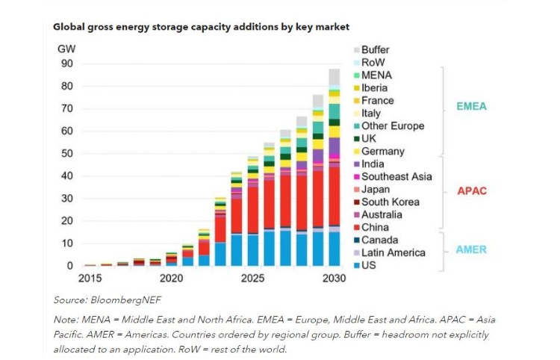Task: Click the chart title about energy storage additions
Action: pyautogui.click(x=201, y=26)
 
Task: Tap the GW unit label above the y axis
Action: pyautogui.click(x=66, y=49)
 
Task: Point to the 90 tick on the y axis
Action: pyautogui.click(x=67, y=63)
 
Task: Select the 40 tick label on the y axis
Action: pyautogui.click(x=67, y=176)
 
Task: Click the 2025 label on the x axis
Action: pyautogui.click(x=252, y=278)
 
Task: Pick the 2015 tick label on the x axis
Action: pyautogui.click(x=90, y=278)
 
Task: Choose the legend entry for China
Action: pyautogui.click(x=375, y=227)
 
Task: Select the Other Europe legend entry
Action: pyautogui.click(x=392, y=125)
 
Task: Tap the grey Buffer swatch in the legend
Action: pyautogui.click(x=355, y=50)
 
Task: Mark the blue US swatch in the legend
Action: pyautogui.click(x=355, y=265)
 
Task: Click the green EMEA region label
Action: pyautogui.click(x=471, y=106)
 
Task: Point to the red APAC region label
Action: pyautogui.click(x=471, y=190)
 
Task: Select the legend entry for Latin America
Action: pyautogui.click(x=393, y=252)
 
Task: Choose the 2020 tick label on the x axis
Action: pyautogui.click(x=171, y=278)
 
